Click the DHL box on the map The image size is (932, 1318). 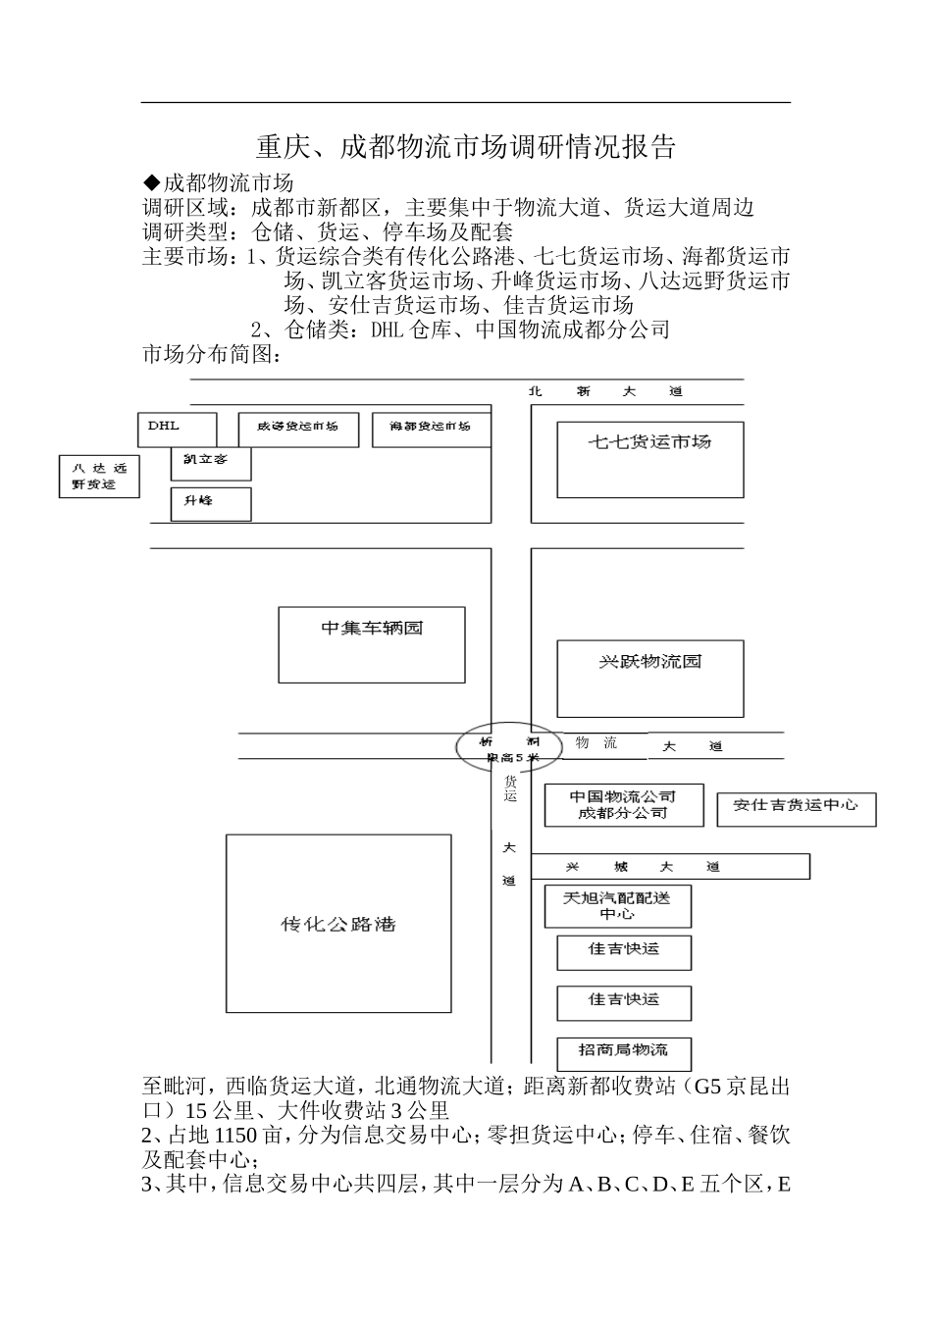pos(177,429)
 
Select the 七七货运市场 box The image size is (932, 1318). pos(649,459)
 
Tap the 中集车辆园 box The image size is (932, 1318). pos(371,643)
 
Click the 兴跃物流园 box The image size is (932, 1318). pos(649,679)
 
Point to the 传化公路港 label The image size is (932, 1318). pos(338,924)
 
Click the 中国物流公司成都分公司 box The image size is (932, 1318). pos(623,805)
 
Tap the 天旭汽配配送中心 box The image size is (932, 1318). pos(617,906)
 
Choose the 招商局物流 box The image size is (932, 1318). pos(624,1052)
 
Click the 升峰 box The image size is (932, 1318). pos(210,503)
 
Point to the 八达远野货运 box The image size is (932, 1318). pos(98,476)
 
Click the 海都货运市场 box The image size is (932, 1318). pos(431,429)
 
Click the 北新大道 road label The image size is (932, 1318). pos(604,391)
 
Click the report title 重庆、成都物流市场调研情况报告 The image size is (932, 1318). pos(466,148)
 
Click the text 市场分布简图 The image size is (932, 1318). pos(211,354)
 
